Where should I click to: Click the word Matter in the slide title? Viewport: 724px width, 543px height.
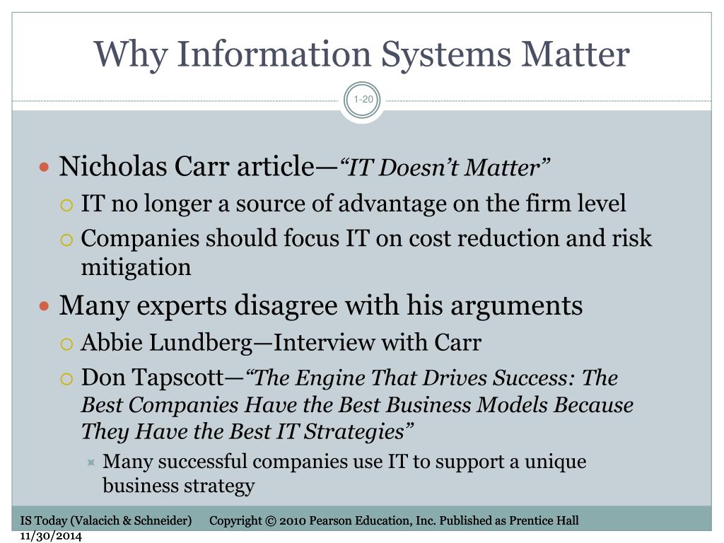tap(576, 54)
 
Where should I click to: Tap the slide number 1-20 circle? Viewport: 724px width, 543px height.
tap(363, 99)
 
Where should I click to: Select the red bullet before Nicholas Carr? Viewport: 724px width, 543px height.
tap(44, 167)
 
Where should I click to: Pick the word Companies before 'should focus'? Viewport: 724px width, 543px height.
tap(140, 239)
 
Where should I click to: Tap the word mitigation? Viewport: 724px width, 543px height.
tap(136, 267)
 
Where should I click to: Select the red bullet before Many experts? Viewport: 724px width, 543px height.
tap(44, 305)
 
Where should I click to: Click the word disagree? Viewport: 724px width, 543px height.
tap(286, 305)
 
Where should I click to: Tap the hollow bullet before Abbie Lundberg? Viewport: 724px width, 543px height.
tap(66, 344)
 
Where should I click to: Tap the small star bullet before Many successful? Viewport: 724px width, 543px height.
tap(91, 462)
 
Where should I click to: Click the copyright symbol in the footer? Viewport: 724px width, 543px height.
tap(271, 521)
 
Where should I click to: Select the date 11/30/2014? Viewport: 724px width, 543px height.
tap(51, 536)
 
